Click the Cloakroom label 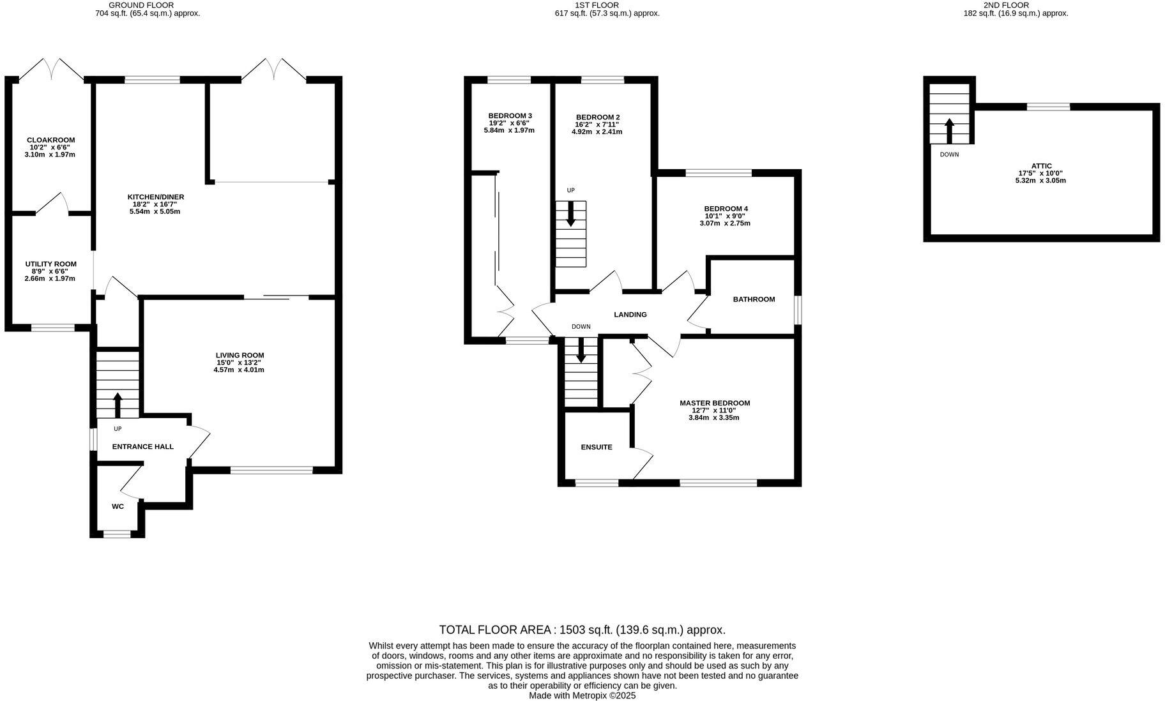50,140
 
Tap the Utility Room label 50,264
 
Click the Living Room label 240,355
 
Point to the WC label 118,506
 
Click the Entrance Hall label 142,446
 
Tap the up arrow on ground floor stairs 118,403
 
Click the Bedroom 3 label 510,116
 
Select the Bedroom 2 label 597,117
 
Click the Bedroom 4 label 726,208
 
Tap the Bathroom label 754,299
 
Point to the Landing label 630,314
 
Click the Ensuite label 596,447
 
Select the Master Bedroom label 714,403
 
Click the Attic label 1041,165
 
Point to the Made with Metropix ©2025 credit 582,696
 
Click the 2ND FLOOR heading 1006,5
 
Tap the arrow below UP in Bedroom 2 570,214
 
